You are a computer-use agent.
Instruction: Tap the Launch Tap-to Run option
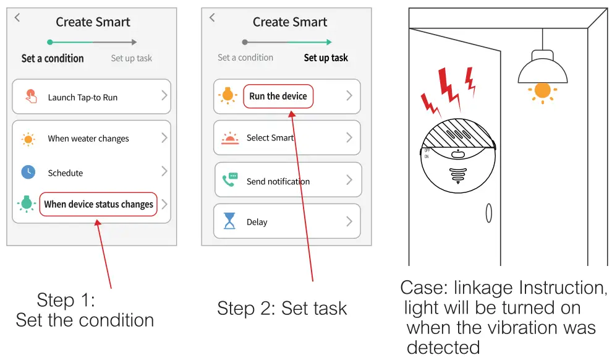[91, 97]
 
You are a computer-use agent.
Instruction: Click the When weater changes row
[91, 139]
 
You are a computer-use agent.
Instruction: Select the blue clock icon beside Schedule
[28, 173]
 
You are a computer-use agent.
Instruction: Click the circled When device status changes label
[98, 204]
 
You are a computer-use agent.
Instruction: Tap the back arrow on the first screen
[17, 17]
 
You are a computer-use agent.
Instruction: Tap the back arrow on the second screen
[212, 17]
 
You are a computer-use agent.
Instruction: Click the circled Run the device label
[278, 96]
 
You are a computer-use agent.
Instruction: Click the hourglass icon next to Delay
[230, 221]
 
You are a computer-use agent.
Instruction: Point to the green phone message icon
[230, 180]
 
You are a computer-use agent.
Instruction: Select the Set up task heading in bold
[326, 58]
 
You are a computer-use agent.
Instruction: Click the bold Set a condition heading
[53, 58]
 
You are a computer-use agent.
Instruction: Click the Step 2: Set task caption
[282, 308]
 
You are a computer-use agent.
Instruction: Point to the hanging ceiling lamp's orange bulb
[542, 90]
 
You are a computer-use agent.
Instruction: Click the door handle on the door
[488, 213]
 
